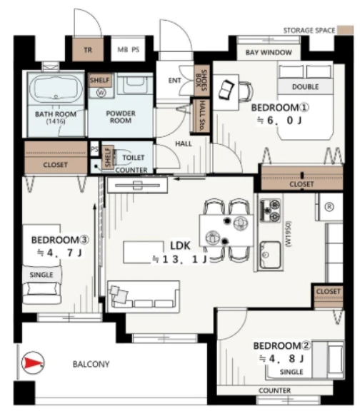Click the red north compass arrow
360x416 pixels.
[x=32, y=362]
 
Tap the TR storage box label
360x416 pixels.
[x=88, y=50]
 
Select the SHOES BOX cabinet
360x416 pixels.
[x=201, y=81]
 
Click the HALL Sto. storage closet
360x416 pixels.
[x=201, y=116]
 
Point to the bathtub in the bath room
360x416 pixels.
[x=56, y=88]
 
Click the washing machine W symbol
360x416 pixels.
[x=101, y=92]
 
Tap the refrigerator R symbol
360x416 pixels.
[x=329, y=207]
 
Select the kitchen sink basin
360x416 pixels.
[x=271, y=255]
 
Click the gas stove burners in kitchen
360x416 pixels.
[x=271, y=210]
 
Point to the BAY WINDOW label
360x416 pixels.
[x=269, y=52]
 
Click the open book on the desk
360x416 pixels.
[x=226, y=89]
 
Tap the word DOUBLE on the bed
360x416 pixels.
[x=305, y=87]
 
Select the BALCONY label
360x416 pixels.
[x=91, y=364]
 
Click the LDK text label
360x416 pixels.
[x=180, y=245]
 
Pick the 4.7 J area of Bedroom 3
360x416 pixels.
[x=59, y=253]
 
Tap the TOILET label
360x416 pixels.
[x=134, y=158]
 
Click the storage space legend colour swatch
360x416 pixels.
[x=346, y=30]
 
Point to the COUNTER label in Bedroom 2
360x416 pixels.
[x=274, y=390]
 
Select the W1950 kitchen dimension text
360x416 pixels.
[x=289, y=234]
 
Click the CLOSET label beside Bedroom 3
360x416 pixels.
[x=55, y=165]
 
